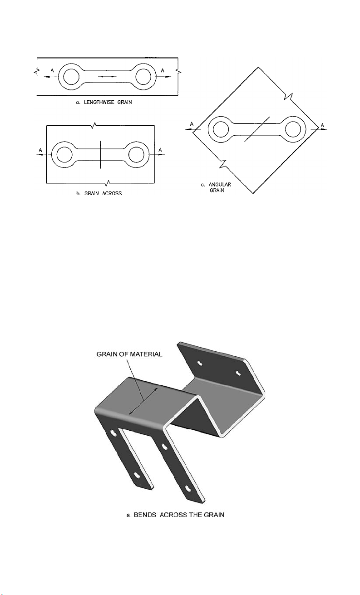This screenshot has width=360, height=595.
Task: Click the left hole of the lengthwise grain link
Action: point(72,77)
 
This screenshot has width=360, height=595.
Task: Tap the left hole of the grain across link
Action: point(64,155)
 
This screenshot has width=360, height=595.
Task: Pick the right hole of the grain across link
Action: point(136,155)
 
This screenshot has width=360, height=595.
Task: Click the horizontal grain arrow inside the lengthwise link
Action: point(108,77)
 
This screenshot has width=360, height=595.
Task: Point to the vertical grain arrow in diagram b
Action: point(100,155)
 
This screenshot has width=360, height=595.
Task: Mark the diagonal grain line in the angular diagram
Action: point(257,130)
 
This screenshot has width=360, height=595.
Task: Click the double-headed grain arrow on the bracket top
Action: point(143,400)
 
